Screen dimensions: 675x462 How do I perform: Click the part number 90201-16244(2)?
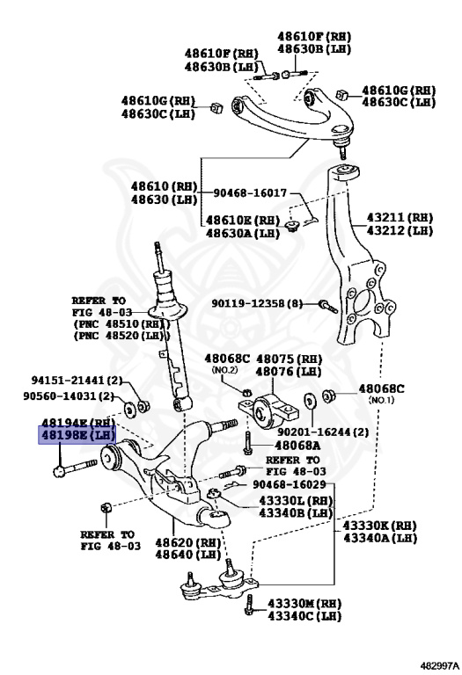pyautogui.click(x=302, y=433)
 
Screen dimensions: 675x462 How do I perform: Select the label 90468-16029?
pyautogui.click(x=290, y=484)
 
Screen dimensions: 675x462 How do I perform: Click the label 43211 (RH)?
pyautogui.click(x=400, y=216)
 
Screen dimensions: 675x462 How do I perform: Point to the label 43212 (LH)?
pyautogui.click(x=400, y=230)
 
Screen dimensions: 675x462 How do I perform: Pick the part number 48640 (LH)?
pyautogui.click(x=191, y=555)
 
